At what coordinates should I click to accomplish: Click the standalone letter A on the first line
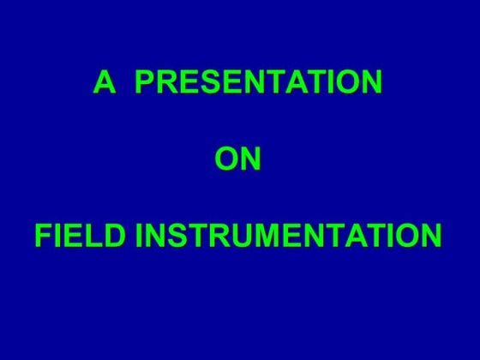click(105, 83)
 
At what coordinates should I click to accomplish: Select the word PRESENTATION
click(259, 83)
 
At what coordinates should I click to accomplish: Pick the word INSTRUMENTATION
click(289, 236)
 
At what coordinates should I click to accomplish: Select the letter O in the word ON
click(225, 159)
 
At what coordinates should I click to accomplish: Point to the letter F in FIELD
click(43, 236)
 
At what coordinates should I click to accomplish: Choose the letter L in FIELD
click(95, 236)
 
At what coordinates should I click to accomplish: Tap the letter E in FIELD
click(75, 236)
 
